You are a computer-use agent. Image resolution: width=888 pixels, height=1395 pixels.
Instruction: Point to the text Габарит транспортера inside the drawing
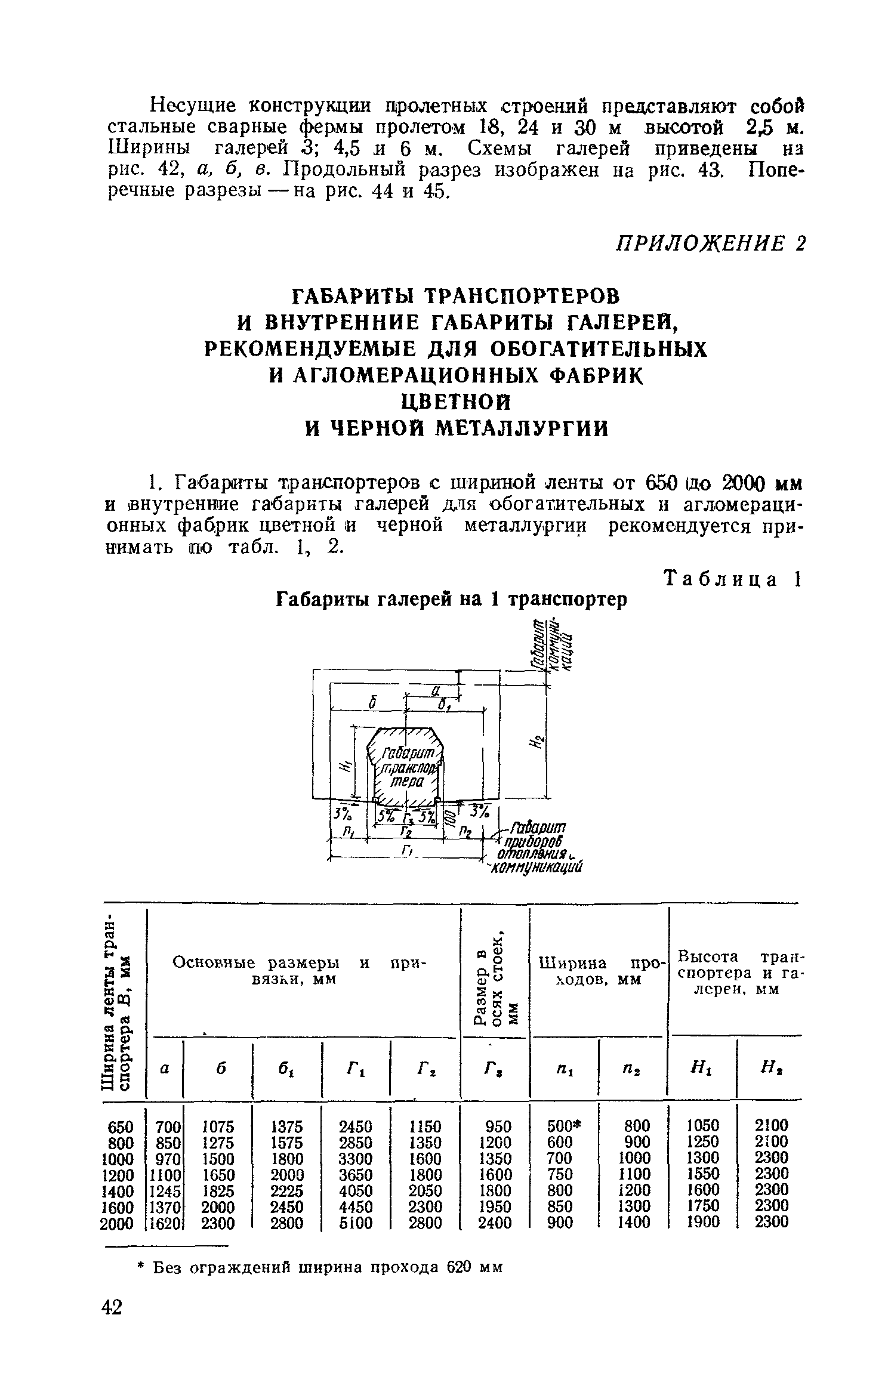404,767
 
